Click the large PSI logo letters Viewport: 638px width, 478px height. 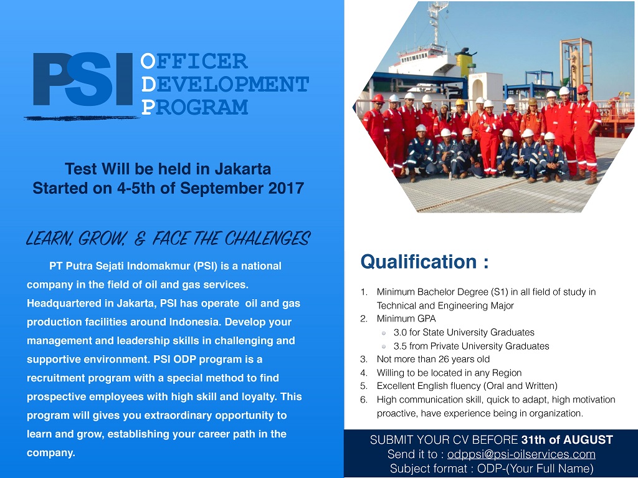[83, 79]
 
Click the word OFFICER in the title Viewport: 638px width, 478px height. [194, 61]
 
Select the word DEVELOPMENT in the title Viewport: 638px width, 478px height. [225, 84]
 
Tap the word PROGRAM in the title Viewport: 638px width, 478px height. [194, 107]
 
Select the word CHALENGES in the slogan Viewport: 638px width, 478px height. [267, 239]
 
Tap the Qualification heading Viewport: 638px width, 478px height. [424, 262]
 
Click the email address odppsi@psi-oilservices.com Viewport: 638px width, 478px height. [521, 454]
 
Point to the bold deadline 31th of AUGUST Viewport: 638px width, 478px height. [567, 440]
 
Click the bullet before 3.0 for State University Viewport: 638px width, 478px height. [383, 333]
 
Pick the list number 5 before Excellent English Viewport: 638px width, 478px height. [363, 386]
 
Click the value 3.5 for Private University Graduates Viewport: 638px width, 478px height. [400, 346]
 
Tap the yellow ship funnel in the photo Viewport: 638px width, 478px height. [464, 63]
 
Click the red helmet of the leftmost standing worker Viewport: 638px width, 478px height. [378, 98]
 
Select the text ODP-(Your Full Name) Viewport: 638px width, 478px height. [535, 469]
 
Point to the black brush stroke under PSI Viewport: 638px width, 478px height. [82, 118]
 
